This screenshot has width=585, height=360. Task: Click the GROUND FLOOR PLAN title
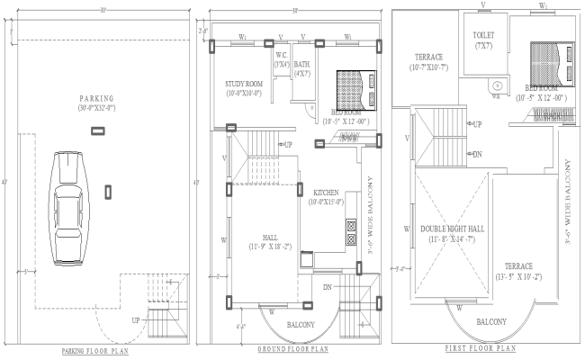pyautogui.click(x=292, y=348)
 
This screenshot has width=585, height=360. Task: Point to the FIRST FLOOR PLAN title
pyautogui.click(x=481, y=346)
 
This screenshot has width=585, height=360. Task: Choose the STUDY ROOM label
pyautogui.click(x=242, y=87)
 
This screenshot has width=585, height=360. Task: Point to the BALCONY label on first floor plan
pyautogui.click(x=490, y=321)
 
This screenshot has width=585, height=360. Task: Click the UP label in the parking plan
pyautogui.click(x=136, y=320)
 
